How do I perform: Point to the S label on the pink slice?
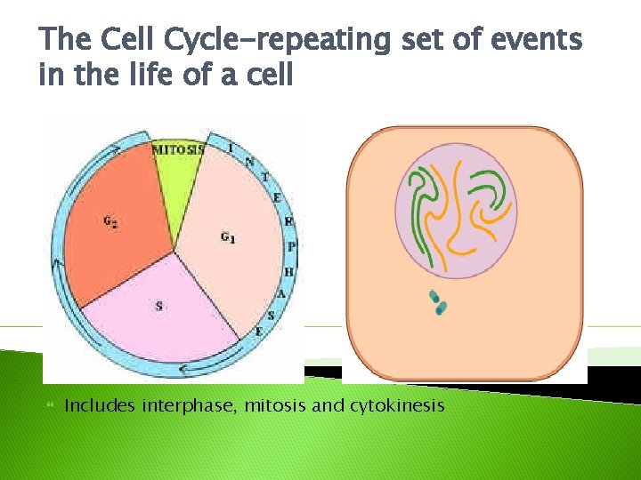159,306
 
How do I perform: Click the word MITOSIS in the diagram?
179,150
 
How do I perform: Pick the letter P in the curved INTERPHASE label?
292,246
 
